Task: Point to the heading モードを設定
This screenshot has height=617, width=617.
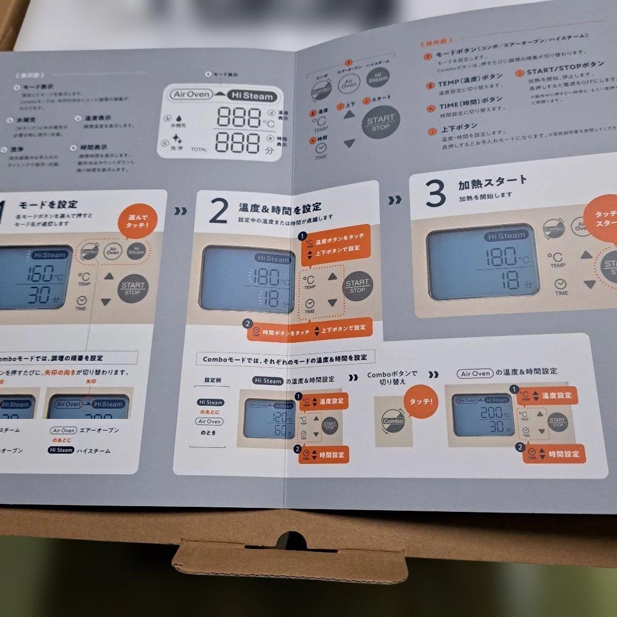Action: [49, 205]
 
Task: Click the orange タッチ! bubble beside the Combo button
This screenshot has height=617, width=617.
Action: [420, 402]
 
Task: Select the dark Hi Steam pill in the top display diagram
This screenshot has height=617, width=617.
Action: [252, 96]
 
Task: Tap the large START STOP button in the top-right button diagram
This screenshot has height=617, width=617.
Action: [380, 122]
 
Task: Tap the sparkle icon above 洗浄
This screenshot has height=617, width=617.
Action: [178, 139]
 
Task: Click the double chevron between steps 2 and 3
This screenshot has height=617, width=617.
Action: [394, 200]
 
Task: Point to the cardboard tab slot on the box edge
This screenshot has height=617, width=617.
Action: [289, 543]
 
